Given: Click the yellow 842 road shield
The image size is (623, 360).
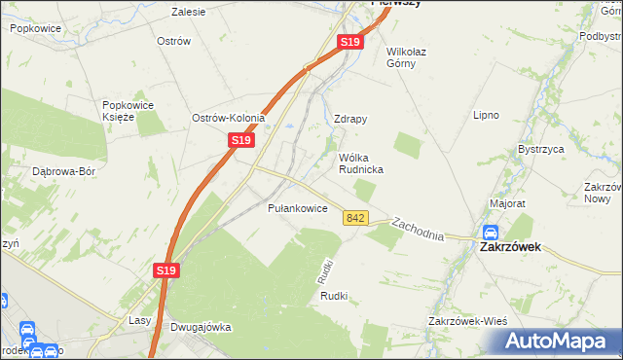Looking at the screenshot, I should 355,218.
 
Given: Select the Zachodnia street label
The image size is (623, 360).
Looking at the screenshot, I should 418,230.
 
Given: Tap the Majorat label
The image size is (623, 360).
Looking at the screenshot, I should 508,204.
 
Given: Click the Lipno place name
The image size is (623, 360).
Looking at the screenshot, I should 486,115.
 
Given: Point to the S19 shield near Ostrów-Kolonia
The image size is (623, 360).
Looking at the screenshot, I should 242,141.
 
